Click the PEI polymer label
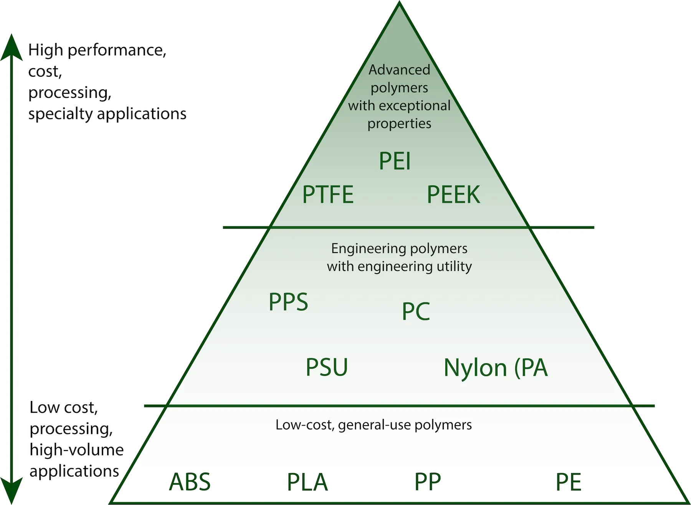coord(395,161)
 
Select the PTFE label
coord(327,195)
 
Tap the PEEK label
coord(453,195)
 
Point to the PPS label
coord(288,302)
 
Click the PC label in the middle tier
coord(416,311)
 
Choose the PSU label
coord(327,367)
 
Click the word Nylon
coord(475,368)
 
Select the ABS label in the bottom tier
coord(190,482)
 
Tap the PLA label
coord(307,482)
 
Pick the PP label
coord(427,482)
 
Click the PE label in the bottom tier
coord(569,482)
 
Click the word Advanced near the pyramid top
coord(399,70)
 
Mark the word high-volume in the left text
coord(76,450)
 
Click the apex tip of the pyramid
coord(399,3)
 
